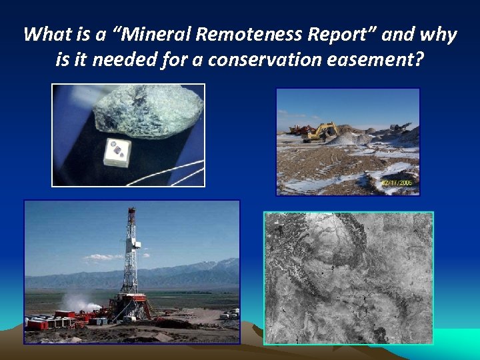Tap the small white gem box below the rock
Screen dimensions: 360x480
(117, 151)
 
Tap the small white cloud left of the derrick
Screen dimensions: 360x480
(100, 257)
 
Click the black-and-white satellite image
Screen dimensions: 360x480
(348, 277)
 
